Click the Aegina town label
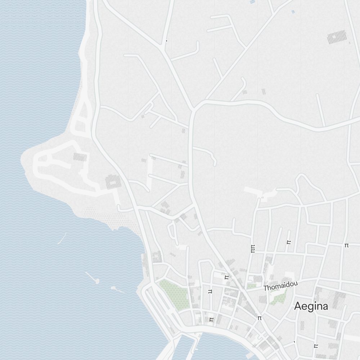coord(311,306)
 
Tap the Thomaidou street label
coord(280,286)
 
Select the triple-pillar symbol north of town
coord(253,248)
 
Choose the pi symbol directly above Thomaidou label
coord(288,242)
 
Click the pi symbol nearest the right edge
coord(346,245)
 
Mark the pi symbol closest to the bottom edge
coord(316,346)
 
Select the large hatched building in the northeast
coord(337,37)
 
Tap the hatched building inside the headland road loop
coord(80,157)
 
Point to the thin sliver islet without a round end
coord(62,238)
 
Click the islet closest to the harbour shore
coord(117,289)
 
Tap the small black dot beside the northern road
coord(166,41)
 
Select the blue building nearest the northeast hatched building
coord(293,12)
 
